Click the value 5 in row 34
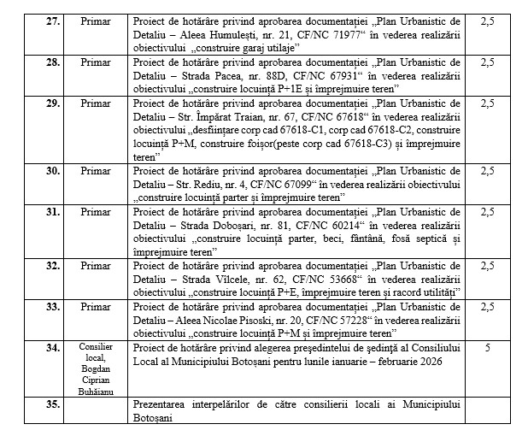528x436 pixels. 487,348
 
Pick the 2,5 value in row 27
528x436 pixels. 487,18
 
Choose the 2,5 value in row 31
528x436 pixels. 487,212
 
